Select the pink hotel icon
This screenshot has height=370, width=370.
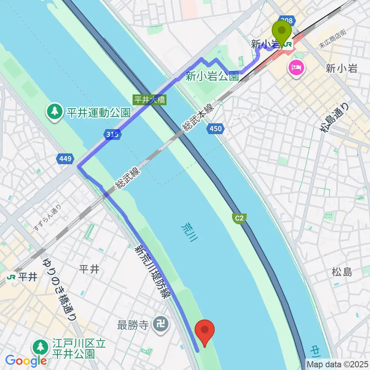[296, 69]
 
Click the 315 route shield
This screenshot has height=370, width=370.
[113, 134]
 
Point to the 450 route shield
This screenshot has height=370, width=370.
[216, 128]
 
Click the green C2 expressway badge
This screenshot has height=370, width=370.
[239, 219]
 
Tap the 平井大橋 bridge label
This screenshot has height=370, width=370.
[150, 100]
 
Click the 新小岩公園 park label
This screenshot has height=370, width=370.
[212, 77]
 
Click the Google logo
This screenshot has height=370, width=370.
[26, 361]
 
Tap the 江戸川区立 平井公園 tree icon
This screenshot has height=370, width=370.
[40, 347]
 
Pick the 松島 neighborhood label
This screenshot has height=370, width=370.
[341, 272]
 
